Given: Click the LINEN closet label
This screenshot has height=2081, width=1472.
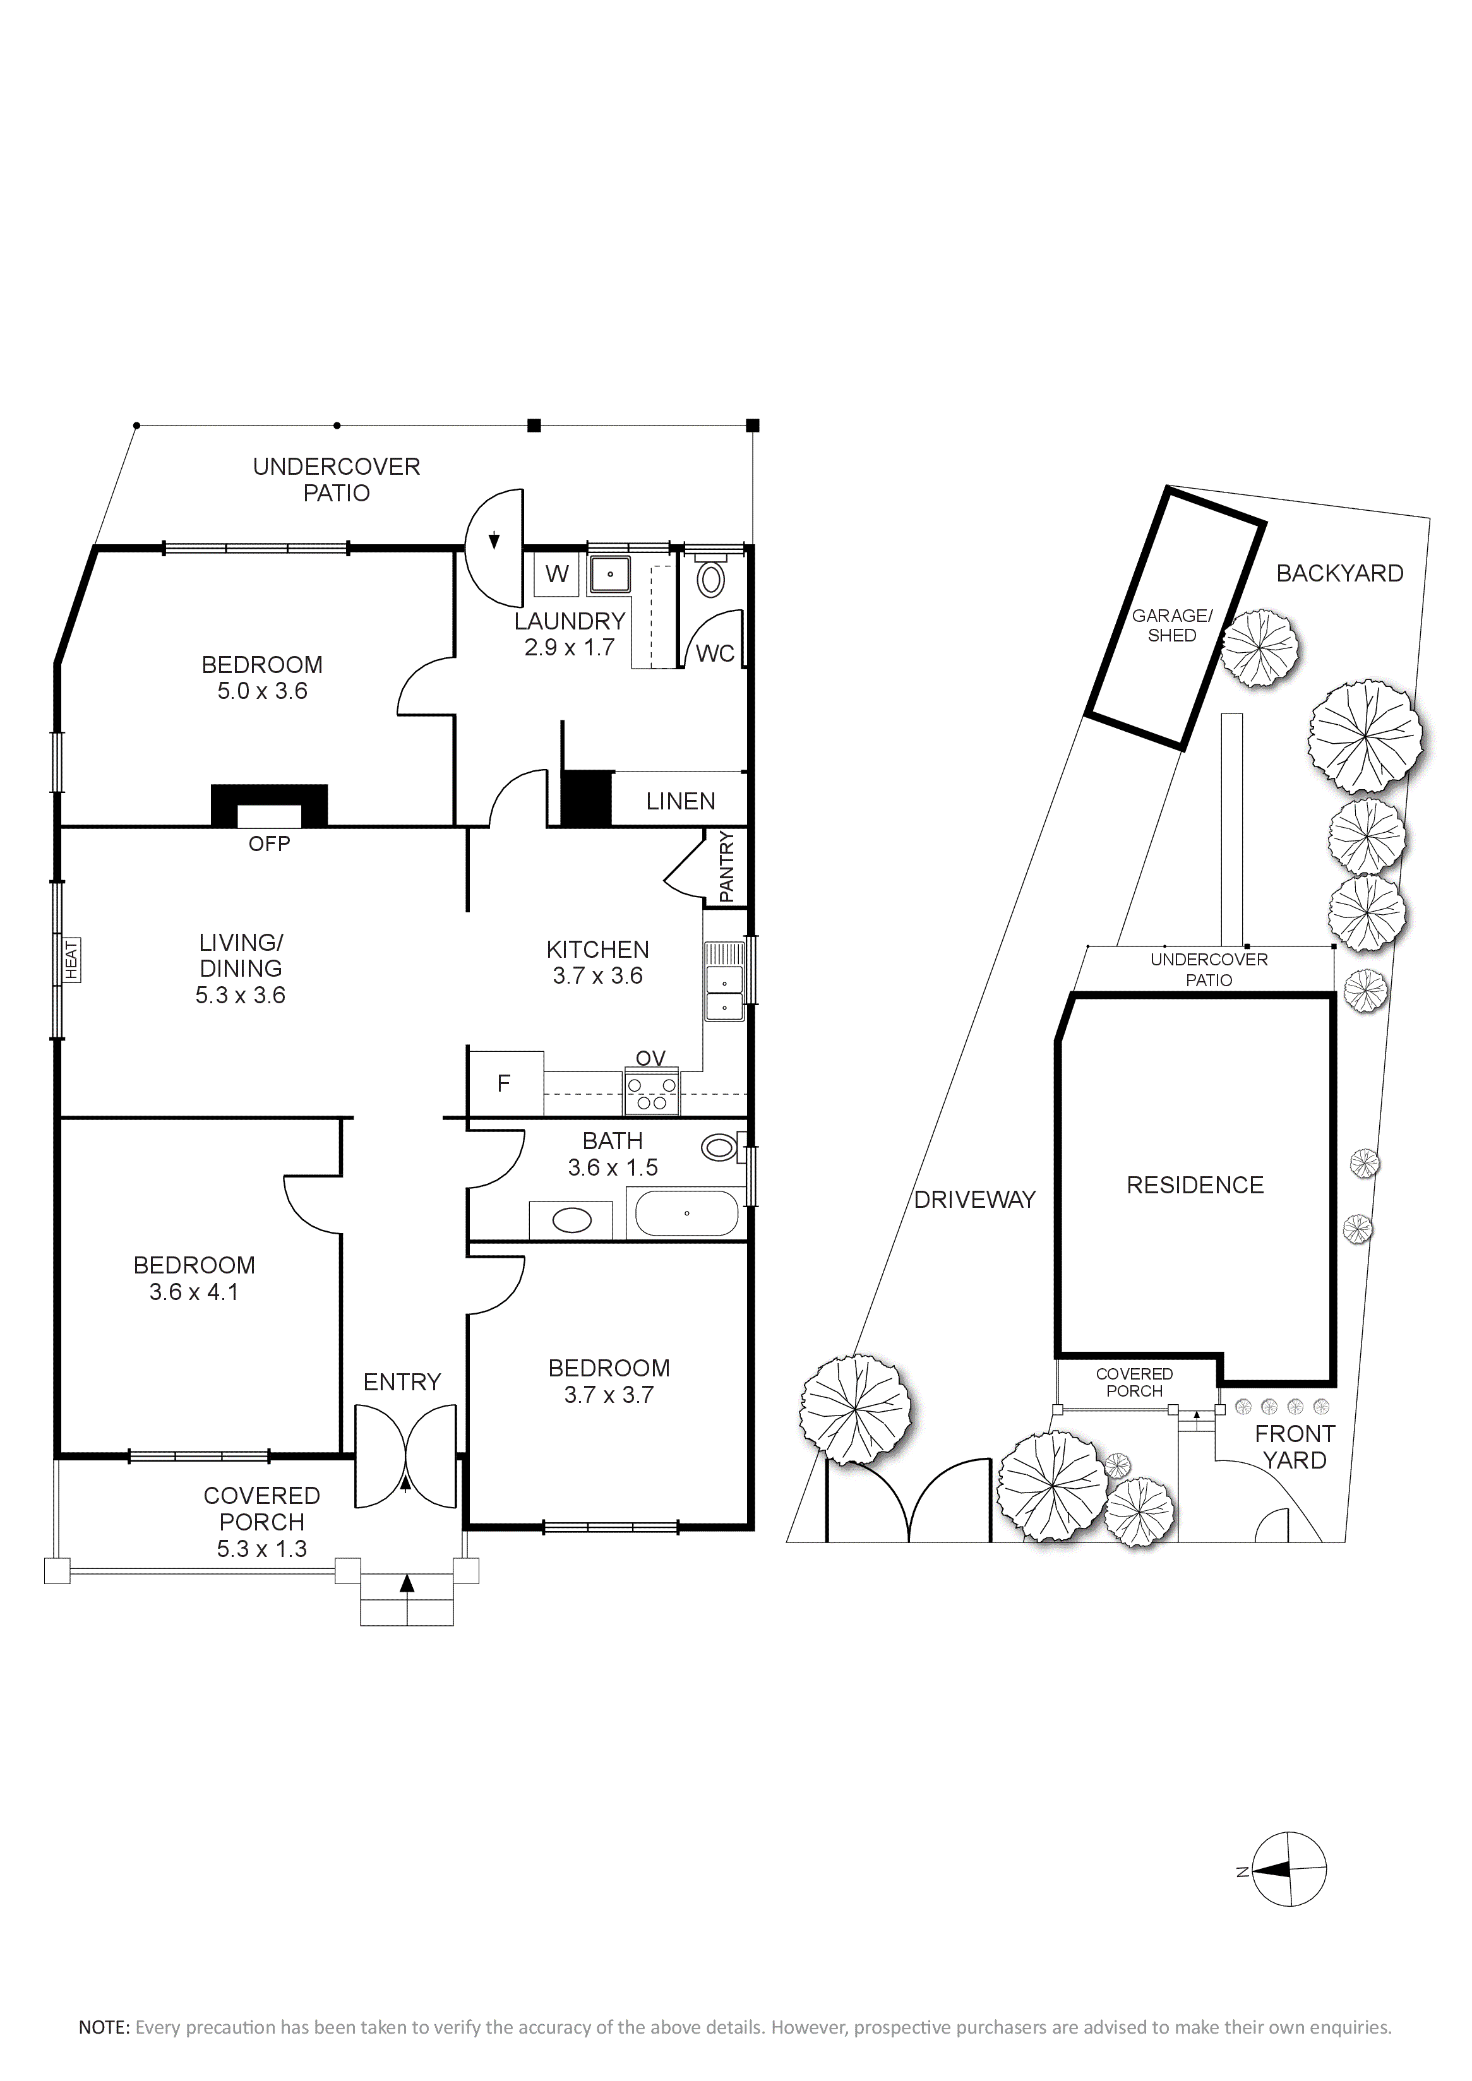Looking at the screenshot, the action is click(681, 801).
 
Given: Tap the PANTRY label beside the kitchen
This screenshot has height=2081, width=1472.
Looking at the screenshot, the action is click(727, 868).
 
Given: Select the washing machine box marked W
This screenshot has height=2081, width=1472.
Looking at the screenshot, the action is click(556, 574).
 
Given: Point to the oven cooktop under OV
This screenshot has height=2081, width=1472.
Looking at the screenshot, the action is click(651, 1092).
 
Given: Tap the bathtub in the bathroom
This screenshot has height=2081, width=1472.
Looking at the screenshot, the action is click(687, 1213).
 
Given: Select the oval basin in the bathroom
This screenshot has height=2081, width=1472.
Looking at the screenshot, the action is click(572, 1220).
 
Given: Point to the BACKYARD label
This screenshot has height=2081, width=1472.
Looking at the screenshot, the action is click(1339, 573).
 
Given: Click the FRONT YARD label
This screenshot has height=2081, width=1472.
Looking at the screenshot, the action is click(1295, 1446).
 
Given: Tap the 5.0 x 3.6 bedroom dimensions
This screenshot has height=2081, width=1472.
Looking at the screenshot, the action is click(262, 691).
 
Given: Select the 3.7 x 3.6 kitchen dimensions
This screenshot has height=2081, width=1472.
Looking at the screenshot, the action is click(597, 976).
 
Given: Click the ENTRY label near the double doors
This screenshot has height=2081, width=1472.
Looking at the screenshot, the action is click(402, 1382).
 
